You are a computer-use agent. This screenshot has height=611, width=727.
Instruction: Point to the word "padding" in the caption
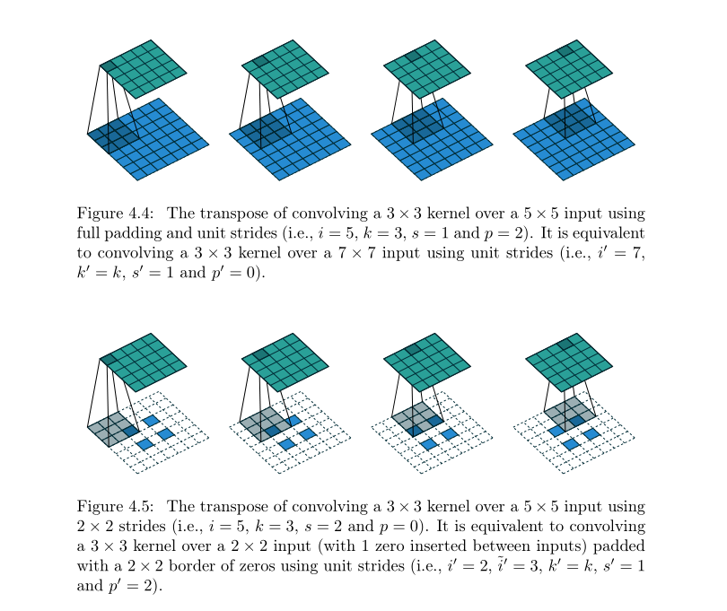pyautogui.click(x=137, y=233)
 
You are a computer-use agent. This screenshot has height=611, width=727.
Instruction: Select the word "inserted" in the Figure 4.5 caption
pyautogui.click(x=388, y=546)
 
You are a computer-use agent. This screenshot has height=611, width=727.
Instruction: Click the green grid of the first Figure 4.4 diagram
pyautogui.click(x=144, y=69)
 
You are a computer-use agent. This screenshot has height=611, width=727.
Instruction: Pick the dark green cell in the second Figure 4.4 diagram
pyautogui.click(x=260, y=61)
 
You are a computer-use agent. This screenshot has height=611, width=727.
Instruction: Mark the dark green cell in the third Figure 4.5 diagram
pyautogui.click(x=413, y=349)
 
